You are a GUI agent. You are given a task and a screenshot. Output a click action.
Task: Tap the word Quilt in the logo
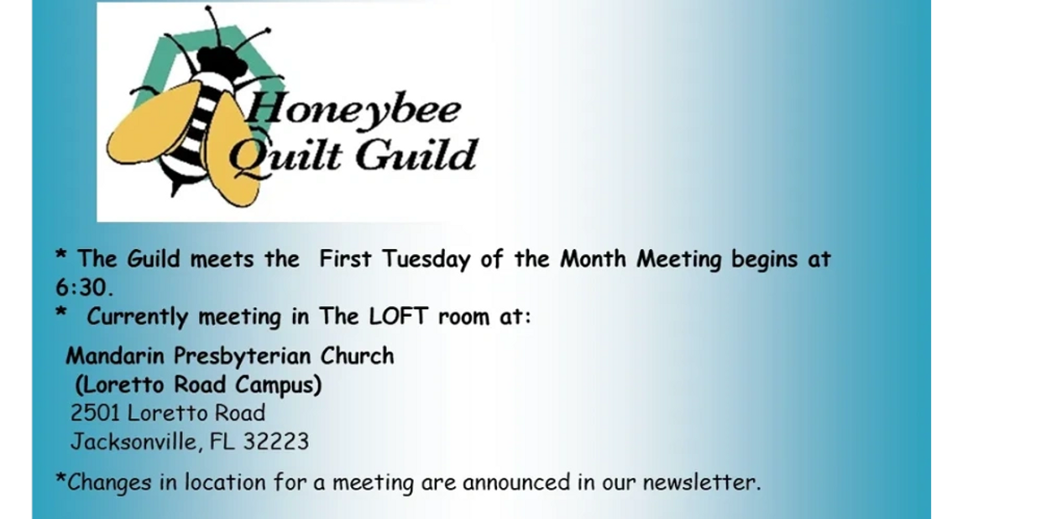click(285, 155)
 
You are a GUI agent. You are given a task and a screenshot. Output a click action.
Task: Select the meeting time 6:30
click(84, 288)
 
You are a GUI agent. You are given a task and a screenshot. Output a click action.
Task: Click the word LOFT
click(398, 317)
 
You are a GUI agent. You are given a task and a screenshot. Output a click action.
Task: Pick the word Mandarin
click(115, 356)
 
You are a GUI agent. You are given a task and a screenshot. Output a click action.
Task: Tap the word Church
click(357, 356)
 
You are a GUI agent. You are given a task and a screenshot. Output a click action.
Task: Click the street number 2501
click(95, 413)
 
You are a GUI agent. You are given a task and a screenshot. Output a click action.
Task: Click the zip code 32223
click(276, 442)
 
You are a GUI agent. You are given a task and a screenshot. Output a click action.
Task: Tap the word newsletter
click(702, 482)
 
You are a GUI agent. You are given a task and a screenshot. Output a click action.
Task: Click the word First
click(345, 258)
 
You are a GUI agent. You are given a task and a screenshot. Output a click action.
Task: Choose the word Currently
click(137, 317)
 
